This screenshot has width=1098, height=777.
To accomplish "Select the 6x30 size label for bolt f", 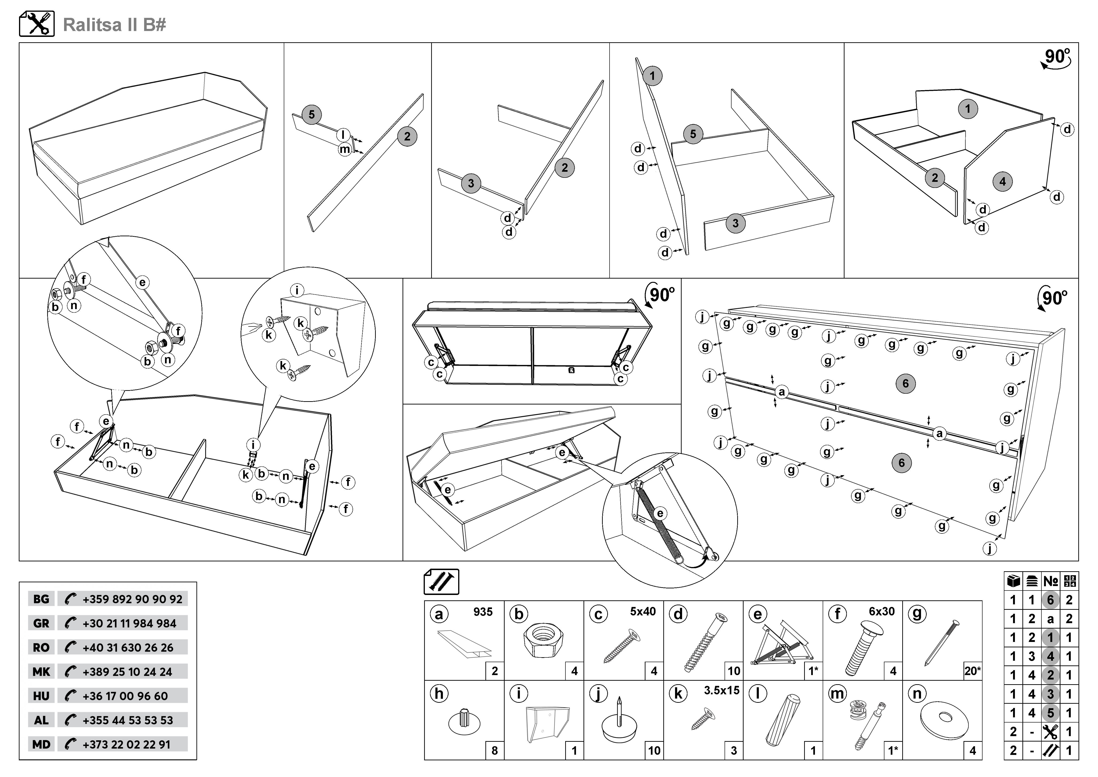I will point(881,611).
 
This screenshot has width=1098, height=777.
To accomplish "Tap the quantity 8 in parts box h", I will point(495,750).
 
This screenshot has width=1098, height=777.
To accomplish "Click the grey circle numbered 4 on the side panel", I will point(1002,181).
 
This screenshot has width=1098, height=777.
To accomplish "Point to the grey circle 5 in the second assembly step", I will point(311,115).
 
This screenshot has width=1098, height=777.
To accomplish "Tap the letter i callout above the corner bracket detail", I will point(297,290).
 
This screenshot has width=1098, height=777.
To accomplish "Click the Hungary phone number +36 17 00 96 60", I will point(125,696).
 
